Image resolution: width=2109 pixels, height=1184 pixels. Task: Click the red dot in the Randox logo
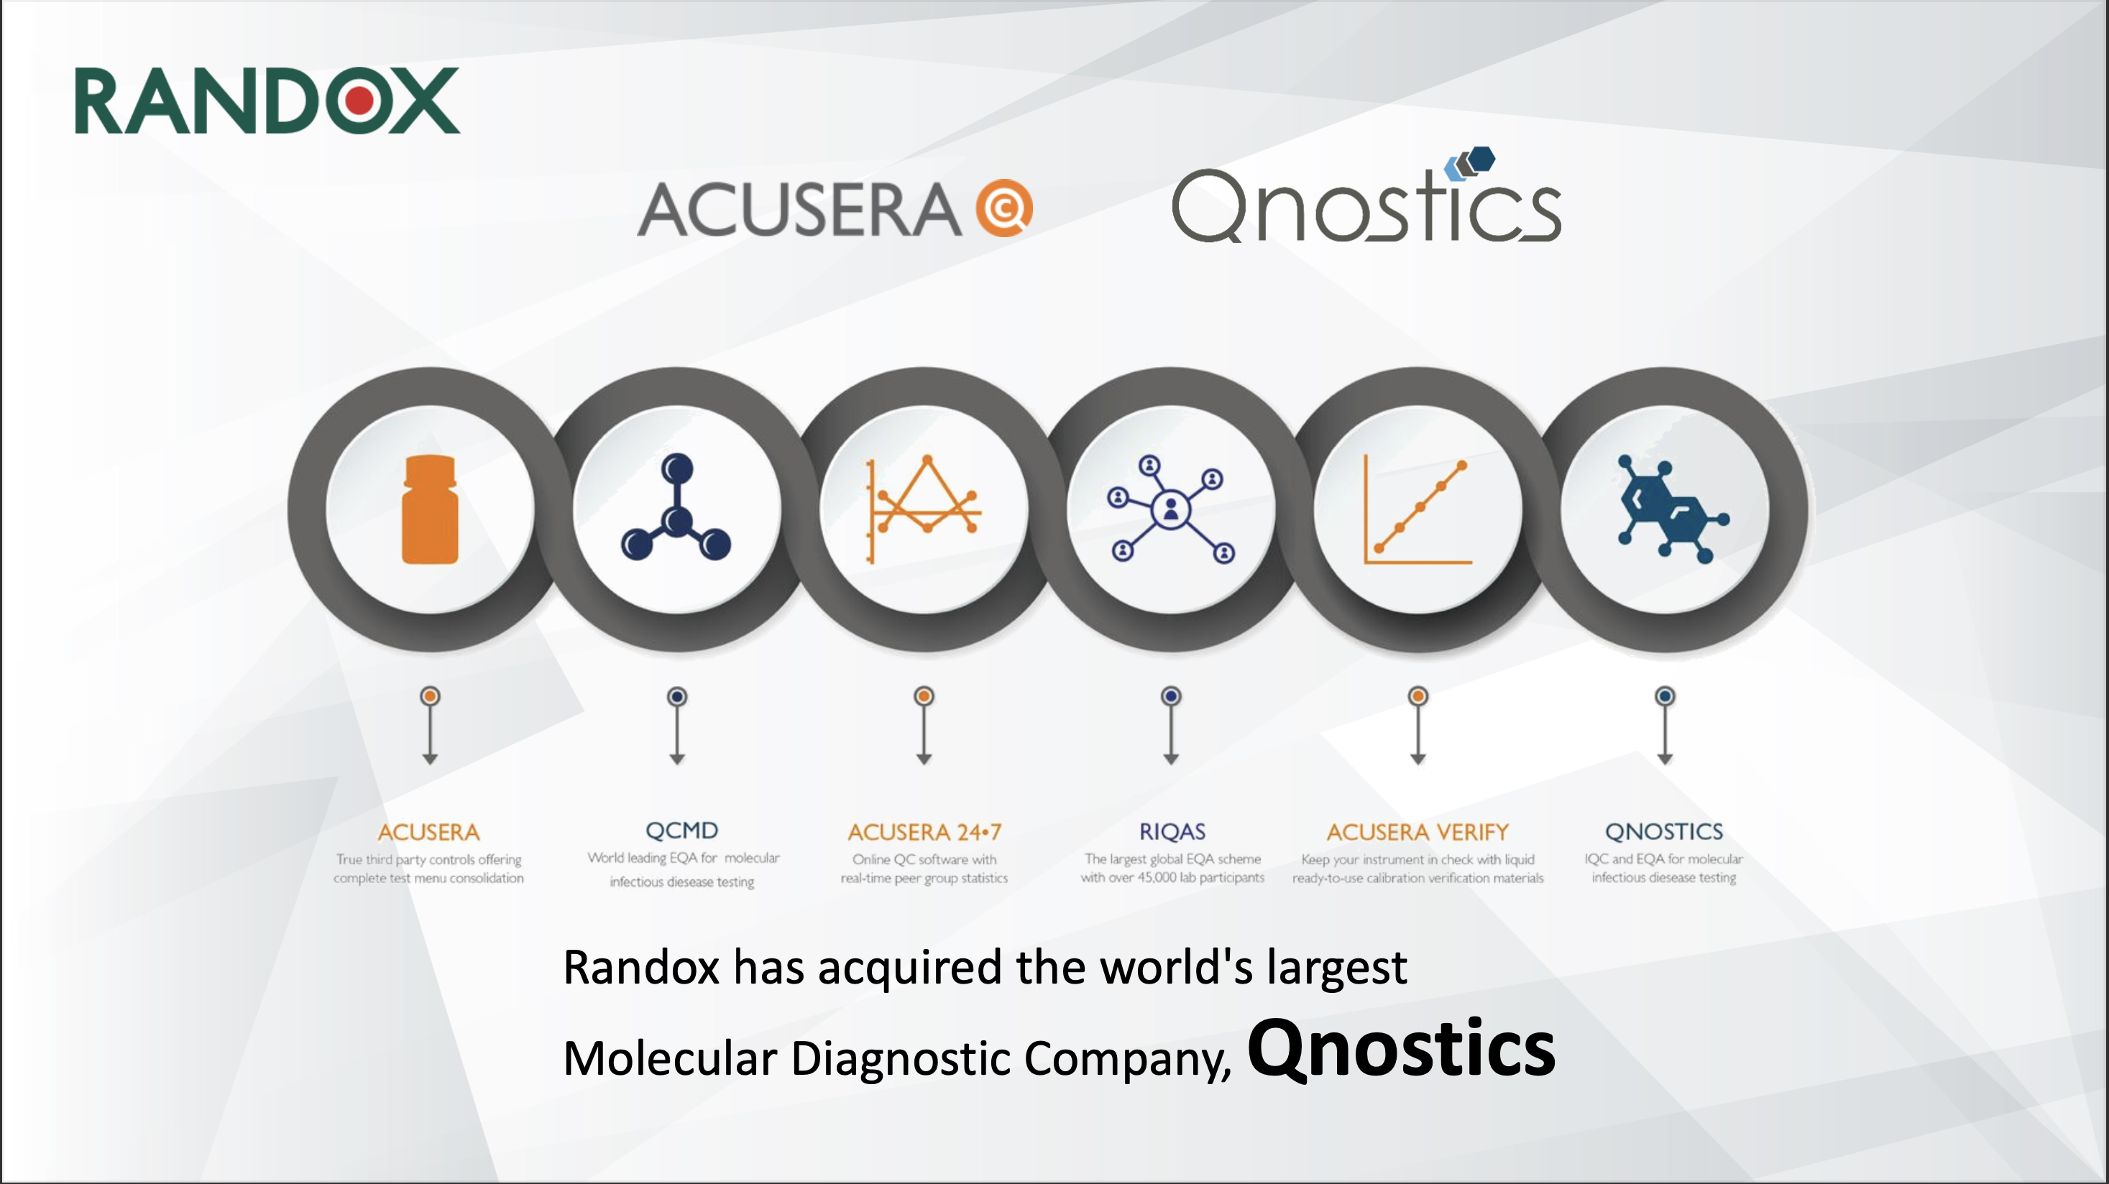(360, 101)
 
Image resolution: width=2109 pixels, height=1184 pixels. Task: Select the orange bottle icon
(430, 509)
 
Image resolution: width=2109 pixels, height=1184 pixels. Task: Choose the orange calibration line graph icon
(1418, 509)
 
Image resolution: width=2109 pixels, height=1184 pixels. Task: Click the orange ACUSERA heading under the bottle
(429, 832)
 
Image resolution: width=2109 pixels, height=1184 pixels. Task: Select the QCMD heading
(682, 831)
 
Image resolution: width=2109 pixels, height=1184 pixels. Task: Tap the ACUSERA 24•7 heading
(924, 832)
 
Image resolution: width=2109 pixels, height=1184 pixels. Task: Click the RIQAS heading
(1172, 831)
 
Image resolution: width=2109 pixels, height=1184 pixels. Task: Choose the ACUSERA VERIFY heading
(1418, 832)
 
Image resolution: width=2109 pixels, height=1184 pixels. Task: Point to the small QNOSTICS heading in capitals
(1665, 831)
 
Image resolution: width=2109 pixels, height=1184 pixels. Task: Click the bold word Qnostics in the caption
(1401, 1049)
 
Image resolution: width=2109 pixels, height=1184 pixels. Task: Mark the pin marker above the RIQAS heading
(1171, 725)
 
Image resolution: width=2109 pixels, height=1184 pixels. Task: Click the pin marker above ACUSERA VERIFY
(1418, 725)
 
